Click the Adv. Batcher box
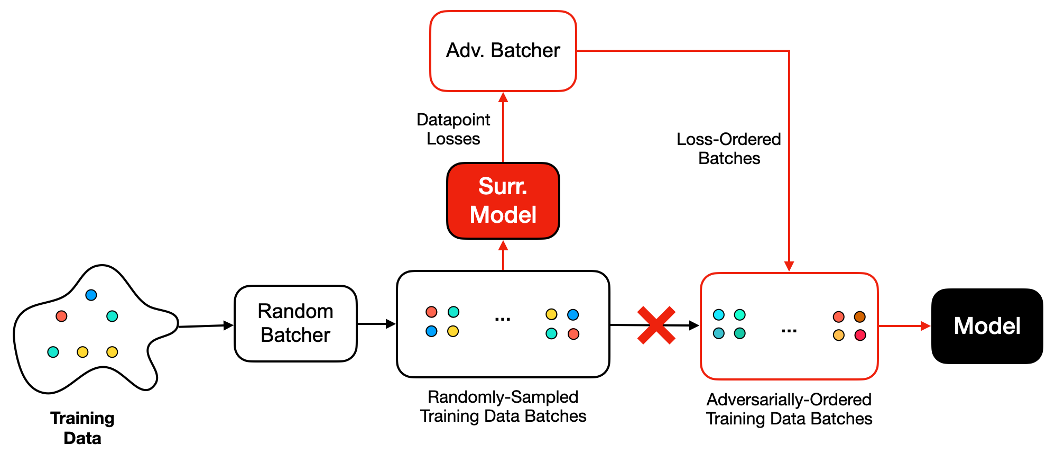pyautogui.click(x=503, y=51)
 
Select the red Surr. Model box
pyautogui.click(x=503, y=201)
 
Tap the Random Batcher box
pyautogui.click(x=295, y=323)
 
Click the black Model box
pyautogui.click(x=986, y=326)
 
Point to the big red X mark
pyautogui.click(x=656, y=325)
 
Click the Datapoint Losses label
pyautogui.click(x=453, y=129)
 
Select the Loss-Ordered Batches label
pyautogui.click(x=728, y=149)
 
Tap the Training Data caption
pyautogui.click(x=82, y=428)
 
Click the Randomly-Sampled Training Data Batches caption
pyautogui.click(x=503, y=406)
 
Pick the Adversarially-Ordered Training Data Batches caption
pyautogui.click(x=789, y=409)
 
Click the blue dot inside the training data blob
pyautogui.click(x=91, y=295)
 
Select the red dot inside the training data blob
pyautogui.click(x=61, y=316)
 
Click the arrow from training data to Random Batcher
pyautogui.click(x=206, y=326)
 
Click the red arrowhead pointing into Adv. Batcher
pyautogui.click(x=503, y=97)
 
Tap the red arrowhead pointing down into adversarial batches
pyautogui.click(x=789, y=266)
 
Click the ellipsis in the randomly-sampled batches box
pyautogui.click(x=502, y=319)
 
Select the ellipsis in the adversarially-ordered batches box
pyautogui.click(x=789, y=331)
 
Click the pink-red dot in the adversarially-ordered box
pyautogui.click(x=860, y=335)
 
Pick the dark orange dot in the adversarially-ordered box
pyautogui.click(x=859, y=316)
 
